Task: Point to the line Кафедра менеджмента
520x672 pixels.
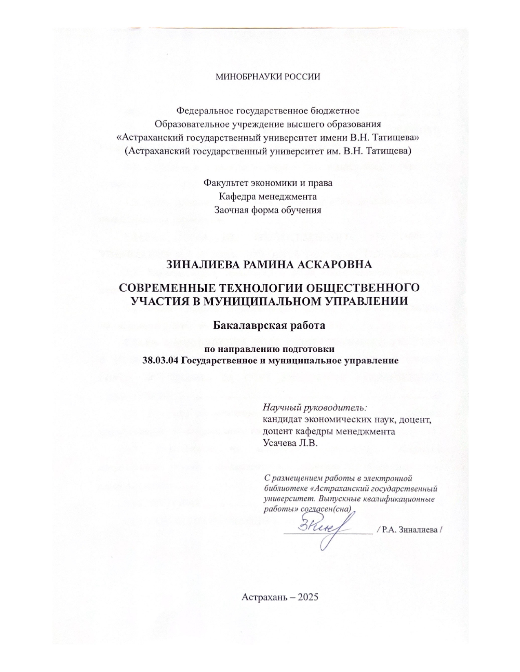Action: tap(268, 197)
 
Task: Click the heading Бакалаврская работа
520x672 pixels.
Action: tap(268, 326)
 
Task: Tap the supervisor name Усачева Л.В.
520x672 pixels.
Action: tap(290, 443)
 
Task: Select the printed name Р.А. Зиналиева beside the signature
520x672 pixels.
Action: tap(410, 529)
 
